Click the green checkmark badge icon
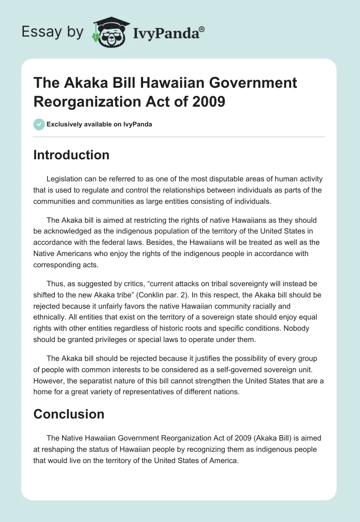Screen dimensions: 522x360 click(39, 124)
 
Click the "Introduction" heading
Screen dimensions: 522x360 click(71, 155)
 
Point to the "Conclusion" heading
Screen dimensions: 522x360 click(69, 414)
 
